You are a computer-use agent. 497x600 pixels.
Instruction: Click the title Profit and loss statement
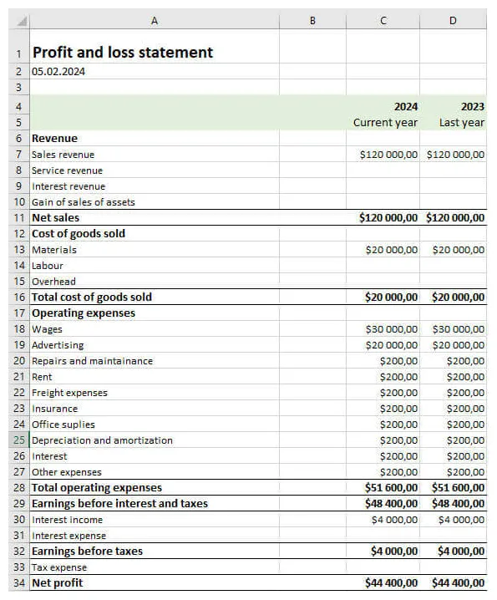coord(122,53)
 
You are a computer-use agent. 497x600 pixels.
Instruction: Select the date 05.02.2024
coord(58,72)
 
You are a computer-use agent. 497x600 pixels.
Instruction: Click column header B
coord(312,20)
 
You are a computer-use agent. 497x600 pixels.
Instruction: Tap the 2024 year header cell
coord(406,107)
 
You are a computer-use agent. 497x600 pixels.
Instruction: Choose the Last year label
coord(461,123)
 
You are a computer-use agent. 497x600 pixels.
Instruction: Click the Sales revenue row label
coord(63,155)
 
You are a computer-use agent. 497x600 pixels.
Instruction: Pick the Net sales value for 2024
coord(388,218)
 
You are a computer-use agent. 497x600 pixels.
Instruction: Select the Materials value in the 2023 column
coord(458,250)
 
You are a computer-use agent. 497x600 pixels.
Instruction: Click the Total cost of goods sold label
coord(92,297)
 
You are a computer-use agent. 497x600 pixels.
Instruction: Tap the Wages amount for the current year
coord(391,329)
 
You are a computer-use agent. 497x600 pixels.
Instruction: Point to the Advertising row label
coord(58,345)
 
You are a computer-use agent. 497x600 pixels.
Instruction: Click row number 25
coord(19,440)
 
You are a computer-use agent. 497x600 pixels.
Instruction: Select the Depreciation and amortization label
coord(102,440)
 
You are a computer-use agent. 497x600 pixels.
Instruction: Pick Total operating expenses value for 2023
coord(458,488)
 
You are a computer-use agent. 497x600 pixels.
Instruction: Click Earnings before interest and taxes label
coord(119,504)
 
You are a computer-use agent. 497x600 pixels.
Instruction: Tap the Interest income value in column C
coord(394,520)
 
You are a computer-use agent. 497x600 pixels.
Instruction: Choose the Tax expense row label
coord(59,567)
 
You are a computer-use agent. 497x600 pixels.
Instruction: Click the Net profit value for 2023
coord(458,583)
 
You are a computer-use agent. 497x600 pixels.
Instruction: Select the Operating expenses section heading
coord(84,313)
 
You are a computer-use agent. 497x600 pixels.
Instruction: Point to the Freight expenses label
coord(69,393)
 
